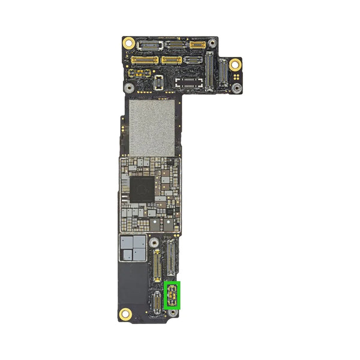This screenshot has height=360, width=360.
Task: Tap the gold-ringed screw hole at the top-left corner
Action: point(128,43)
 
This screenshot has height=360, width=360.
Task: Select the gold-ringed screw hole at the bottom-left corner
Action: point(126,313)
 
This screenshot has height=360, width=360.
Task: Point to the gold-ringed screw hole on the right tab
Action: point(235,64)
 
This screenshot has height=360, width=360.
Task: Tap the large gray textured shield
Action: point(152,127)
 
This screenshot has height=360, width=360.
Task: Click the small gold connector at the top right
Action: point(197,44)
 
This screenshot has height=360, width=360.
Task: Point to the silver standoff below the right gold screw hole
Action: point(238,88)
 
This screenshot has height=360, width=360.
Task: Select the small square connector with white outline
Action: point(158,83)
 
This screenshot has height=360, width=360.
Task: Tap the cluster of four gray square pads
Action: point(133,248)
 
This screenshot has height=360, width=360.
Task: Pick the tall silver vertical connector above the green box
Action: point(172,259)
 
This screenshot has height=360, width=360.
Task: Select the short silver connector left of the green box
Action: point(158,300)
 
